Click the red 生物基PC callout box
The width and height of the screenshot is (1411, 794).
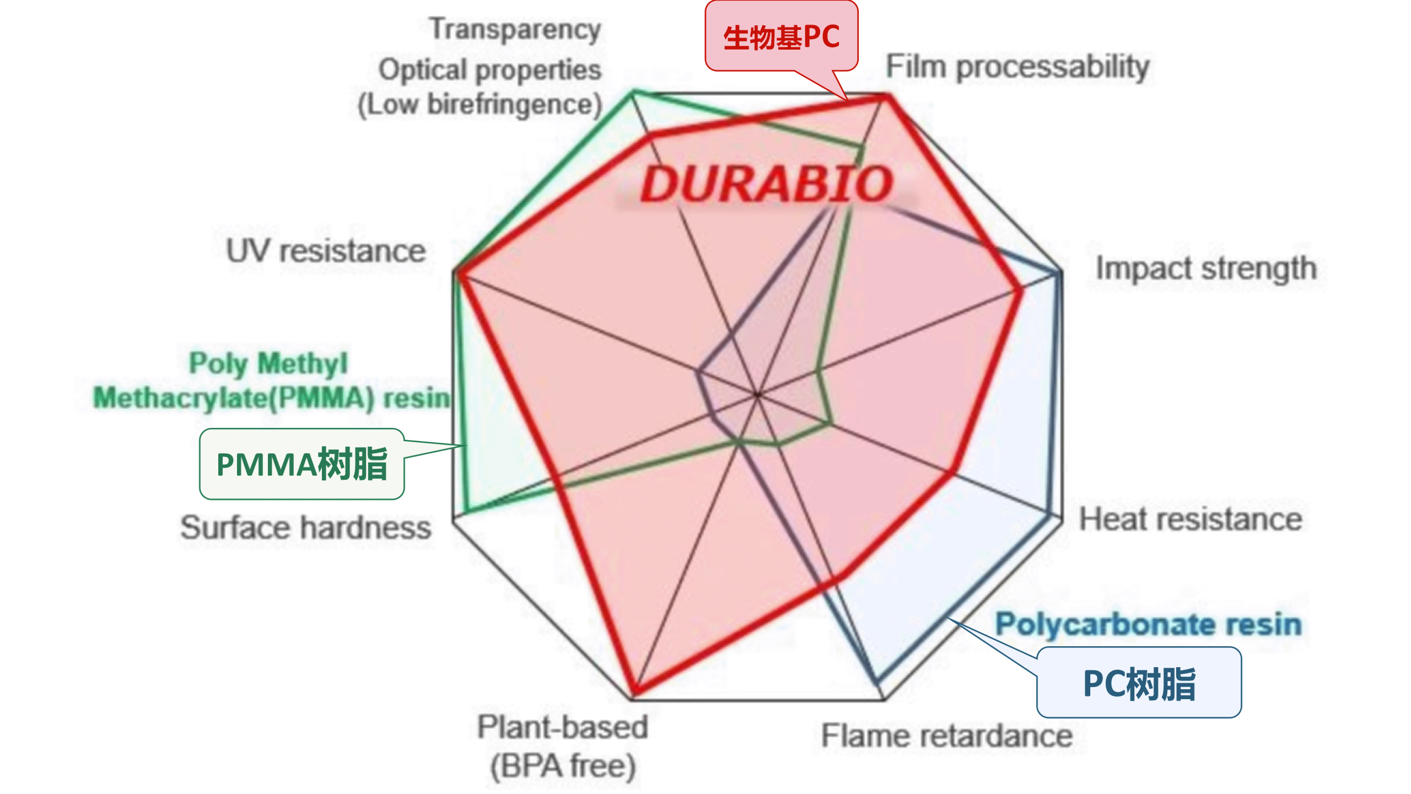[781, 36]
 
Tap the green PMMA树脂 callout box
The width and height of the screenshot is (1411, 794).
[301, 464]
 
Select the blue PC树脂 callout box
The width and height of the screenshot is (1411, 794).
[1139, 683]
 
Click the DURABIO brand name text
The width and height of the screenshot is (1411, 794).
[766, 184]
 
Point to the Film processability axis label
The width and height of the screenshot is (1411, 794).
[1017, 67]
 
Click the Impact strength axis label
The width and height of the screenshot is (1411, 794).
[1206, 269]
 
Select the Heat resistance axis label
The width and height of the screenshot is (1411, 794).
[1191, 519]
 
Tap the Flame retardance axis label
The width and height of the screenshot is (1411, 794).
[946, 736]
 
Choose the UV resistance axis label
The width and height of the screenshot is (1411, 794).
[326, 251]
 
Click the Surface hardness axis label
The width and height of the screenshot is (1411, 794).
[306, 528]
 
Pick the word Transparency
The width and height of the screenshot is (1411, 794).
[515, 29]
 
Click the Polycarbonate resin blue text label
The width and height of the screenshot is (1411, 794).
[1149, 624]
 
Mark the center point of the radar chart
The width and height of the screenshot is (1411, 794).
[757, 395]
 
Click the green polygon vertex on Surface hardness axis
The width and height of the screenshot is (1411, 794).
[466, 511]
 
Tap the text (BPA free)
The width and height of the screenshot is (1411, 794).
[563, 765]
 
